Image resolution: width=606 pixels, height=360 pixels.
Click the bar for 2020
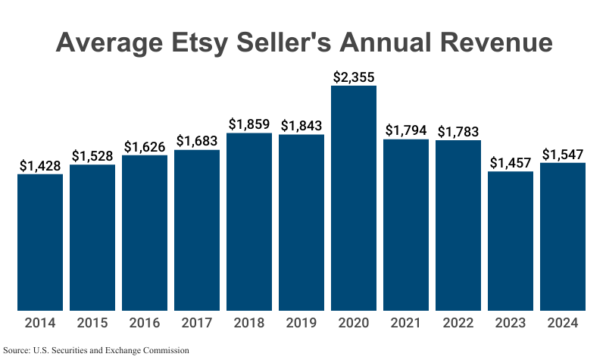[x=354, y=198]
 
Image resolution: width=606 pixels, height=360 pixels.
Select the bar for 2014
[x=40, y=242]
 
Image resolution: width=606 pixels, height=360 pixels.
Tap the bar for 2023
[x=511, y=240]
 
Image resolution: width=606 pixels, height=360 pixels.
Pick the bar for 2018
[x=249, y=221]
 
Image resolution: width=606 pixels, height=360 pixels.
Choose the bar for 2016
[x=145, y=232]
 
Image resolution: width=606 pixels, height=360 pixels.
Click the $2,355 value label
[x=354, y=77]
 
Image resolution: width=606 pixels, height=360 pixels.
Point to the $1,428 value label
[x=40, y=165]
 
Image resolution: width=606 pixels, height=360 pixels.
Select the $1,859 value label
[x=249, y=124]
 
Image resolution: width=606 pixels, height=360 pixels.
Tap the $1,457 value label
[x=511, y=162]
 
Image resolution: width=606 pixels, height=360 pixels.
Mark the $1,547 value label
[x=563, y=154]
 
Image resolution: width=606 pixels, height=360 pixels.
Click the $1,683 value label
[x=197, y=141]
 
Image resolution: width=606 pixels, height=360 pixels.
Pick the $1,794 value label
[x=406, y=130]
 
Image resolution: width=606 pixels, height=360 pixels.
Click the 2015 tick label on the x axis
[x=92, y=323]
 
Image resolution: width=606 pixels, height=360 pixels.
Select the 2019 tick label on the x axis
[x=301, y=323]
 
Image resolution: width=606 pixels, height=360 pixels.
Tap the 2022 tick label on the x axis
[x=458, y=323]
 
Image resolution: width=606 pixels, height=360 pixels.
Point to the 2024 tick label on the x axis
[x=563, y=323]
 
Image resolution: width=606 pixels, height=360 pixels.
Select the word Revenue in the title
[x=489, y=42]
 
